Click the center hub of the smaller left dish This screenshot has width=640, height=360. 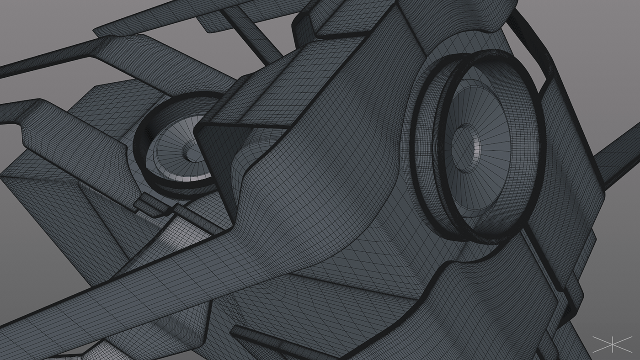[x=189, y=149]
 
